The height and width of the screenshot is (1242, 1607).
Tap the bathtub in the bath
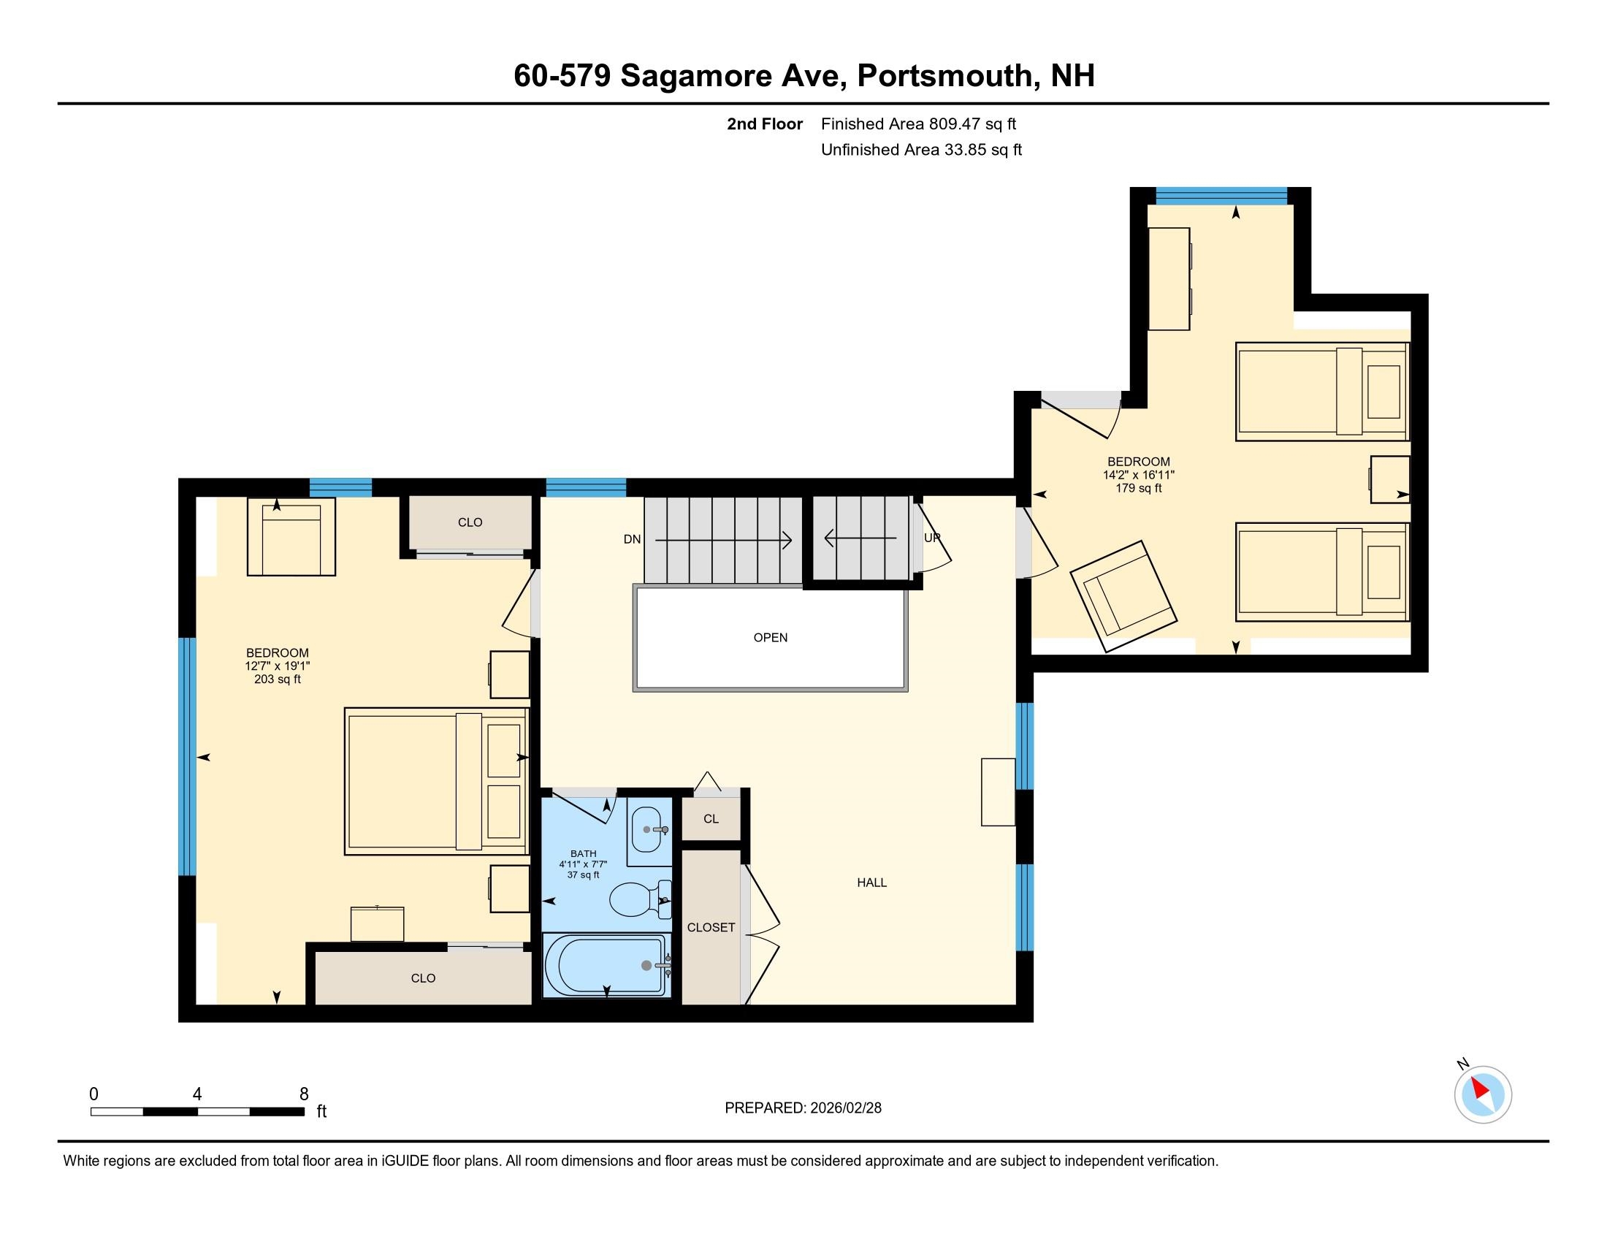point(606,965)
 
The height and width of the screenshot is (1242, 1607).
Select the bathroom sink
point(647,828)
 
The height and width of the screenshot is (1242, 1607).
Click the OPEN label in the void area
point(771,637)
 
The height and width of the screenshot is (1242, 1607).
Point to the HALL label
point(872,883)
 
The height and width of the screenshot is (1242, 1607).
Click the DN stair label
point(632,539)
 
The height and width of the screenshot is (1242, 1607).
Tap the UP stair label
point(931,538)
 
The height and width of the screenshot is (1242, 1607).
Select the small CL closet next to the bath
point(711,818)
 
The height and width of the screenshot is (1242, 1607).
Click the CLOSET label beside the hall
point(711,927)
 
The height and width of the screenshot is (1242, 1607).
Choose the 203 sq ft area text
point(278,679)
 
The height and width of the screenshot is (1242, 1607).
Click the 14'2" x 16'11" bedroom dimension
point(1138,476)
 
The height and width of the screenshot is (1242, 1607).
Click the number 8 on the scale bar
point(304,1094)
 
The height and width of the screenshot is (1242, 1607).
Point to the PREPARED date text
point(803,1108)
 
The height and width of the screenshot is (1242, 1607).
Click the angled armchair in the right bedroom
point(1123,597)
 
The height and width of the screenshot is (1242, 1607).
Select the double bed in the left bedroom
point(436,782)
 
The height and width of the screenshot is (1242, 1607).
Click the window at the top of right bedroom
point(1221,196)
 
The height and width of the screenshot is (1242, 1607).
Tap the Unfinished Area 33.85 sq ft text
point(921,150)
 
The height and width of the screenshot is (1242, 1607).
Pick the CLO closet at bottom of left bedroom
point(423,978)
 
